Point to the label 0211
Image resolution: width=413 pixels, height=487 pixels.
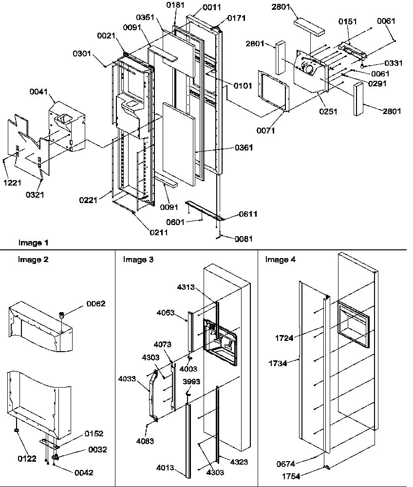pos(159,232)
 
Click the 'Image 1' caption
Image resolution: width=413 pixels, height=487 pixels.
pos(34,243)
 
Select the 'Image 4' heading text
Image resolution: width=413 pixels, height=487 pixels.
pos(280,260)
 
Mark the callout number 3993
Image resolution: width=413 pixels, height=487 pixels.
pos(191,382)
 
